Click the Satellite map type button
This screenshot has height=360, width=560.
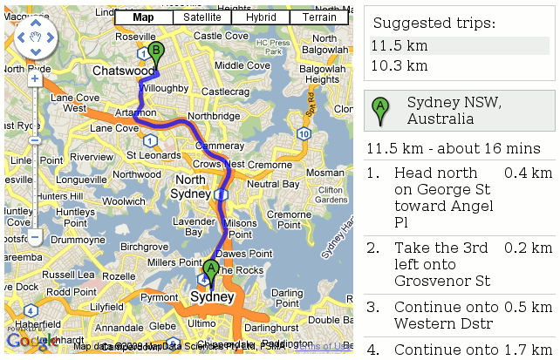(x=202, y=17)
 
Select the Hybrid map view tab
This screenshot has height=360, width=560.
(x=261, y=17)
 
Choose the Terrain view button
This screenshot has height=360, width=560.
(x=320, y=17)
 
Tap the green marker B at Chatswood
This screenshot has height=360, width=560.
(x=155, y=52)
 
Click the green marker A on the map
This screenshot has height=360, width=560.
(x=210, y=269)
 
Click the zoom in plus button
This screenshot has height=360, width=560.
(x=35, y=78)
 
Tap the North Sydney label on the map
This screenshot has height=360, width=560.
(x=190, y=187)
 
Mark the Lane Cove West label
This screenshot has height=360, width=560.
(x=68, y=104)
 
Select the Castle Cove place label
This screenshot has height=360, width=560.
(x=221, y=36)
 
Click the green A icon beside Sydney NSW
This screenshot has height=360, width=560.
(x=379, y=110)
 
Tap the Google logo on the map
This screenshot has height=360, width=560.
(x=33, y=342)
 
